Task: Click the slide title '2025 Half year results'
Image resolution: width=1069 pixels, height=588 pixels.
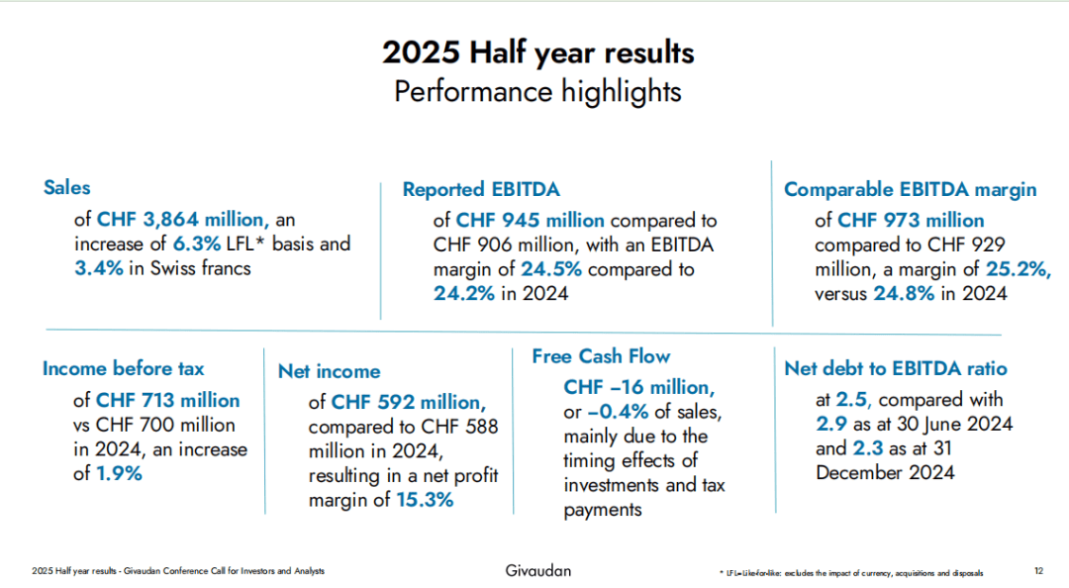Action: (x=537, y=51)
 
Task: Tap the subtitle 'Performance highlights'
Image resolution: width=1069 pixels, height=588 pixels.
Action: (x=537, y=91)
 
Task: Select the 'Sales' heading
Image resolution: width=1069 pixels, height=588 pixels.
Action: (x=66, y=187)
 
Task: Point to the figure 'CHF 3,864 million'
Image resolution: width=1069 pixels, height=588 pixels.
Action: (x=183, y=219)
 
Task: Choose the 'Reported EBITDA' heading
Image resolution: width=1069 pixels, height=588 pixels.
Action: (x=481, y=189)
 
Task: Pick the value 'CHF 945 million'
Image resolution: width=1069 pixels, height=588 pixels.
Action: (x=531, y=220)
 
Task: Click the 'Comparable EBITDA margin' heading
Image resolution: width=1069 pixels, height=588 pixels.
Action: (x=910, y=189)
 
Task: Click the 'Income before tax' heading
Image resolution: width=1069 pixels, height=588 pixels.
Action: (x=123, y=368)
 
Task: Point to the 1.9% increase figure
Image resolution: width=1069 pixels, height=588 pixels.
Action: (x=120, y=473)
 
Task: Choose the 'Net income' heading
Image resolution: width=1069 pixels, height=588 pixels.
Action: (x=329, y=371)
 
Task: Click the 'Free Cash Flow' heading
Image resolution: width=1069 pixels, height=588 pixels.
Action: (x=601, y=356)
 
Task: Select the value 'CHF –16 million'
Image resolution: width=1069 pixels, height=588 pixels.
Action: (x=637, y=387)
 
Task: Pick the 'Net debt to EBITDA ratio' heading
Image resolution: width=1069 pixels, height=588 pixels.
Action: (x=895, y=368)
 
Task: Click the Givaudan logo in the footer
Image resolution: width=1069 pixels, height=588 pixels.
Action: (x=537, y=570)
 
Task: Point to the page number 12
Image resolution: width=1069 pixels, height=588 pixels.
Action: (x=1038, y=571)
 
